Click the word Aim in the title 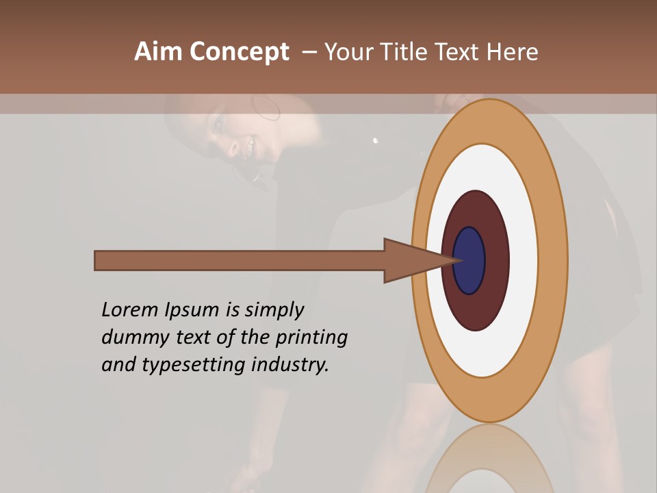[159, 52]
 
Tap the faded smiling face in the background [236, 137]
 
